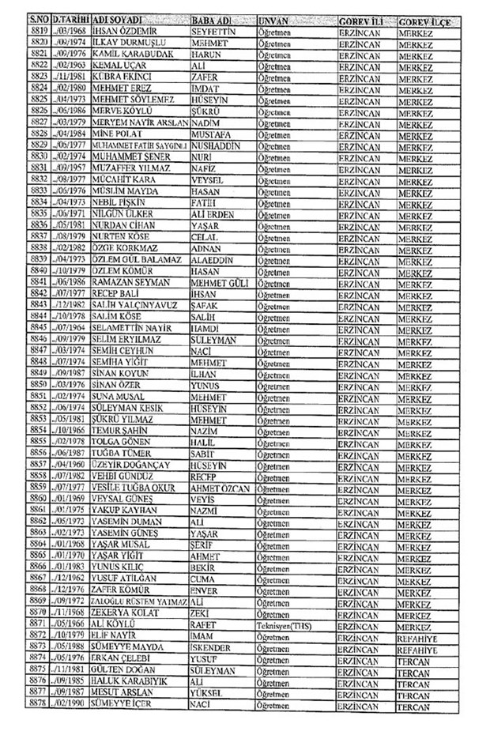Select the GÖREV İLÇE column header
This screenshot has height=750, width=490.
[x=425, y=20]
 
